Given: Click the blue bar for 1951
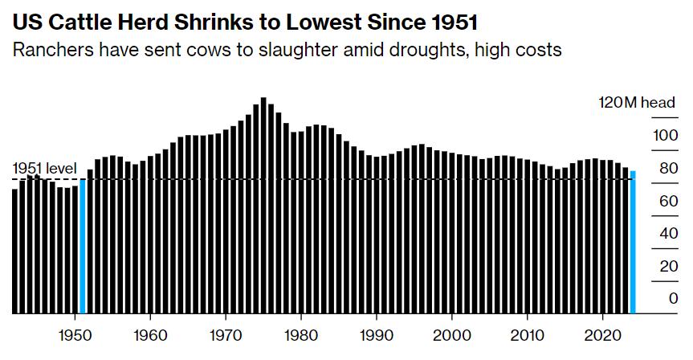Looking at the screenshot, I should [x=83, y=246].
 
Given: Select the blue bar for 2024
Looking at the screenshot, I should [x=633, y=242].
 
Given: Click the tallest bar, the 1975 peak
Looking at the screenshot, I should [x=263, y=206].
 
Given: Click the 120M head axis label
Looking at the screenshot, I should [x=637, y=103].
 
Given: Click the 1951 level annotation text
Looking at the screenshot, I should [x=44, y=168].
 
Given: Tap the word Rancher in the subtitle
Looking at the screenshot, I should [x=49, y=51].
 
